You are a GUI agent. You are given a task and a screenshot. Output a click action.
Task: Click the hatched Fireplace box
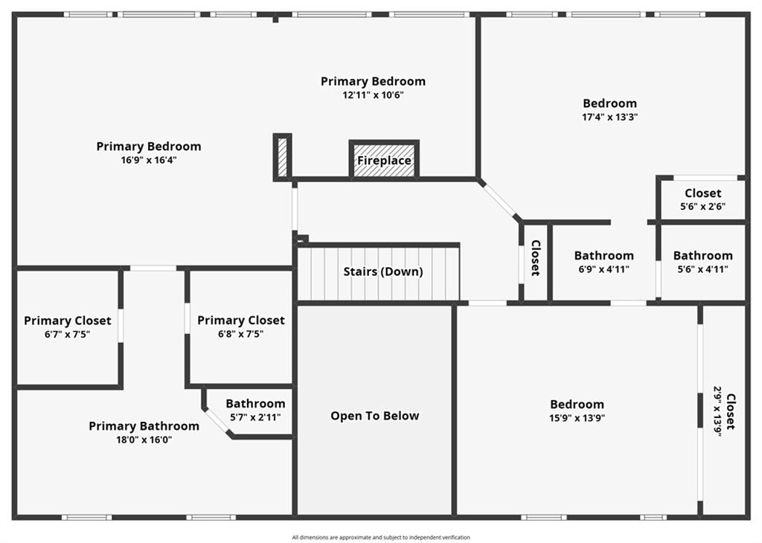[384, 160]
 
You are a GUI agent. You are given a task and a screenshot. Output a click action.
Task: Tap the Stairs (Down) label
[382, 271]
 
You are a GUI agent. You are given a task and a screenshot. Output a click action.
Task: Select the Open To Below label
[375, 416]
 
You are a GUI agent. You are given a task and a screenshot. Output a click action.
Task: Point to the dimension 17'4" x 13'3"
[610, 117]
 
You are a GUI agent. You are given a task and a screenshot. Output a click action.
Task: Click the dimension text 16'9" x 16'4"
[149, 160]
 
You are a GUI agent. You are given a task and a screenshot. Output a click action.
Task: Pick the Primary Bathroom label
[144, 426]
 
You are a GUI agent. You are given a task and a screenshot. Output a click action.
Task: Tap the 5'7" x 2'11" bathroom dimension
[255, 417]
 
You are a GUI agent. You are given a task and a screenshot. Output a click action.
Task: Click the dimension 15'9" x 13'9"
[577, 418]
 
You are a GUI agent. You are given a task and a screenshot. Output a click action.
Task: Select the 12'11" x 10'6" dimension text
[374, 95]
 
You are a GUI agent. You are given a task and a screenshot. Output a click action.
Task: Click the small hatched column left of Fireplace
[282, 156]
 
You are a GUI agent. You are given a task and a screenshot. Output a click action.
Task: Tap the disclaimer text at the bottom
[381, 537]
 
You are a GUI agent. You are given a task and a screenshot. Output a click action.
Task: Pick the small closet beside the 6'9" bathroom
[535, 258]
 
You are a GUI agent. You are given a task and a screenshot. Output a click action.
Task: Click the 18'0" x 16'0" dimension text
[144, 440]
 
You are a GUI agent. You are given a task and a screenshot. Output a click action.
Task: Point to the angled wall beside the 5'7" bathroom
[217, 422]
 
